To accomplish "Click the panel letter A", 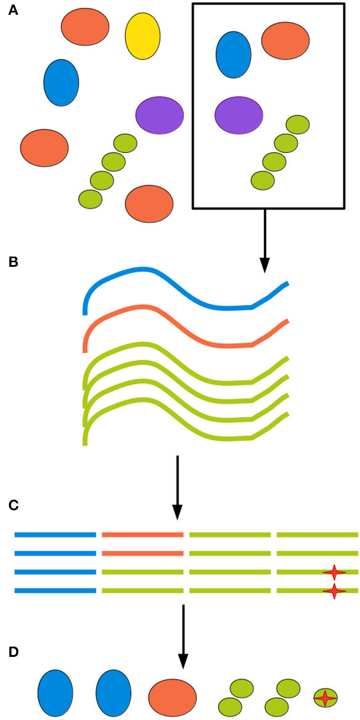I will point(13,10).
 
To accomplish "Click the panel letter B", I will point(13,262).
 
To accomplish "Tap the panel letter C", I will point(13,505).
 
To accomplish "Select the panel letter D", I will point(13,652).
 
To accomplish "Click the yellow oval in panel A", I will point(142,36).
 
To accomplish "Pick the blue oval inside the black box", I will point(233,54).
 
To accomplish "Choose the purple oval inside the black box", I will point(239,115).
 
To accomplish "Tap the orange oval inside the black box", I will point(285,40).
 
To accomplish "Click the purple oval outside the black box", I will point(159,115).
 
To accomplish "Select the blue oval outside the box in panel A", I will point(61,83).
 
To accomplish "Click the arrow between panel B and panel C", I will point(177,488).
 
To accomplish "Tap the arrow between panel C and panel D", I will point(183,636).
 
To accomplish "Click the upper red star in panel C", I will point(334,572).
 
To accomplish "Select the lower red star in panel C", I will point(334,591).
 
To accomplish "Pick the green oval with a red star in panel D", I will point(326,698).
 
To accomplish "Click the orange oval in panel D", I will point(172,697).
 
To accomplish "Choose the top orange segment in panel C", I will point(142,535).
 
